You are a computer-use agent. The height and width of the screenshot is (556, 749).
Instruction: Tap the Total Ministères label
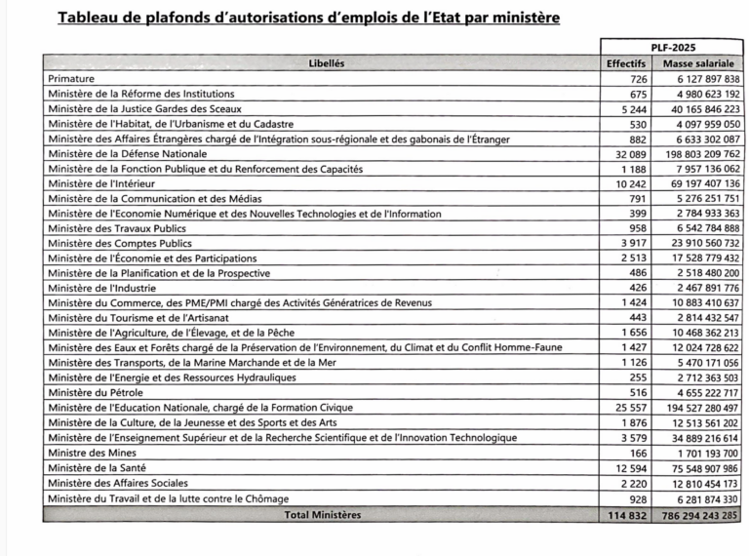point(322,514)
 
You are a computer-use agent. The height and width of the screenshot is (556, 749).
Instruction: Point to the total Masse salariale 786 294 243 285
point(699,514)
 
